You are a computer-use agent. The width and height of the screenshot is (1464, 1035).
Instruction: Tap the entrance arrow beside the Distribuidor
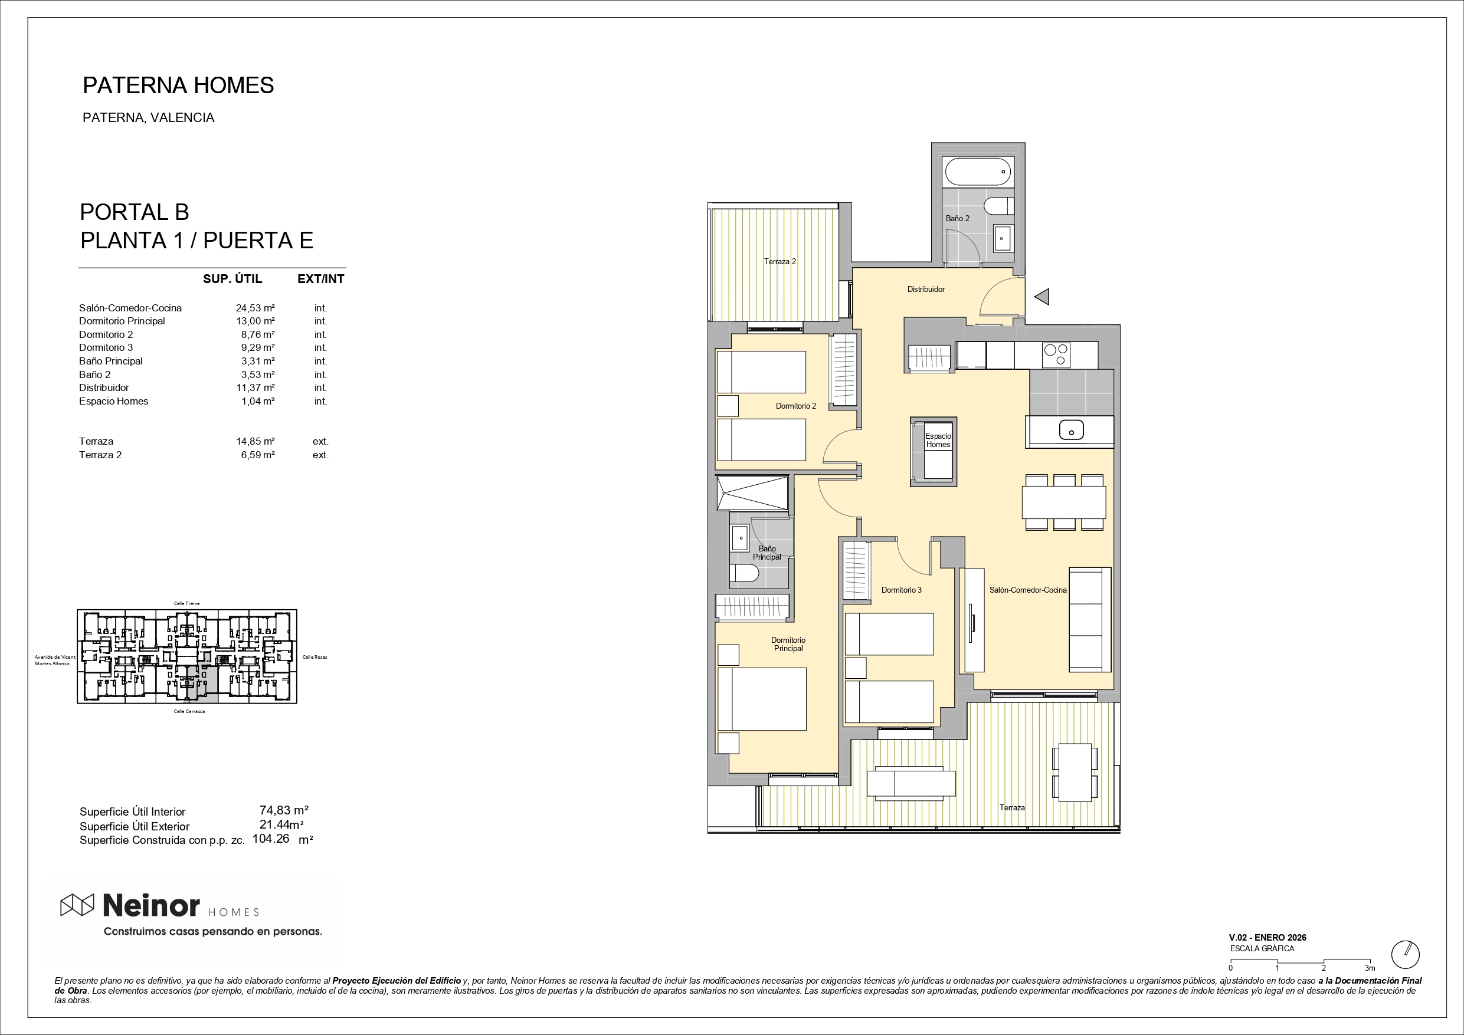coord(1042,297)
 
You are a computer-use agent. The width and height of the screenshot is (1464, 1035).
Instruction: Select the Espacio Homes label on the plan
coord(938,441)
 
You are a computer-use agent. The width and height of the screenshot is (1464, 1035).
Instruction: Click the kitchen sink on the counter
coord(1071,430)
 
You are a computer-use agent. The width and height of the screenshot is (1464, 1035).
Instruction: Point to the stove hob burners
coord(1056,355)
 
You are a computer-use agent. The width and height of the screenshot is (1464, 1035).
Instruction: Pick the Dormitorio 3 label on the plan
coord(901,590)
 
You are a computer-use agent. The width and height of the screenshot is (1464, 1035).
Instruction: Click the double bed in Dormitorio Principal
coord(762,699)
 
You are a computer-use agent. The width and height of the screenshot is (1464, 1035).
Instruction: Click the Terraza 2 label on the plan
coord(780,261)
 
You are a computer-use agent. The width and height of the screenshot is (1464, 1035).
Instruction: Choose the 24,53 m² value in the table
coord(255,308)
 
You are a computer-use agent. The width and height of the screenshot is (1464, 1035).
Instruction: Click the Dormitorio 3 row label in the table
coord(106,347)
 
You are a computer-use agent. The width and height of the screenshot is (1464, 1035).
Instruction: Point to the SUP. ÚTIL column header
coord(232,278)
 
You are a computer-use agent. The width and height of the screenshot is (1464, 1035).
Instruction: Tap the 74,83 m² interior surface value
coord(284,810)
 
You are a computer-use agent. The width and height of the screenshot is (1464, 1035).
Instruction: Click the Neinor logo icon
coord(77,905)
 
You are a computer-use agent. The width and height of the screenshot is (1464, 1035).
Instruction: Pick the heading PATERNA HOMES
coord(179,86)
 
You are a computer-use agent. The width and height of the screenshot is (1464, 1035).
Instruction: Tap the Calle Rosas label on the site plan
coord(315,657)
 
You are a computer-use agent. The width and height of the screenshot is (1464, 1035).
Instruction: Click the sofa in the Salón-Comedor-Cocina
coord(1090,619)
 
